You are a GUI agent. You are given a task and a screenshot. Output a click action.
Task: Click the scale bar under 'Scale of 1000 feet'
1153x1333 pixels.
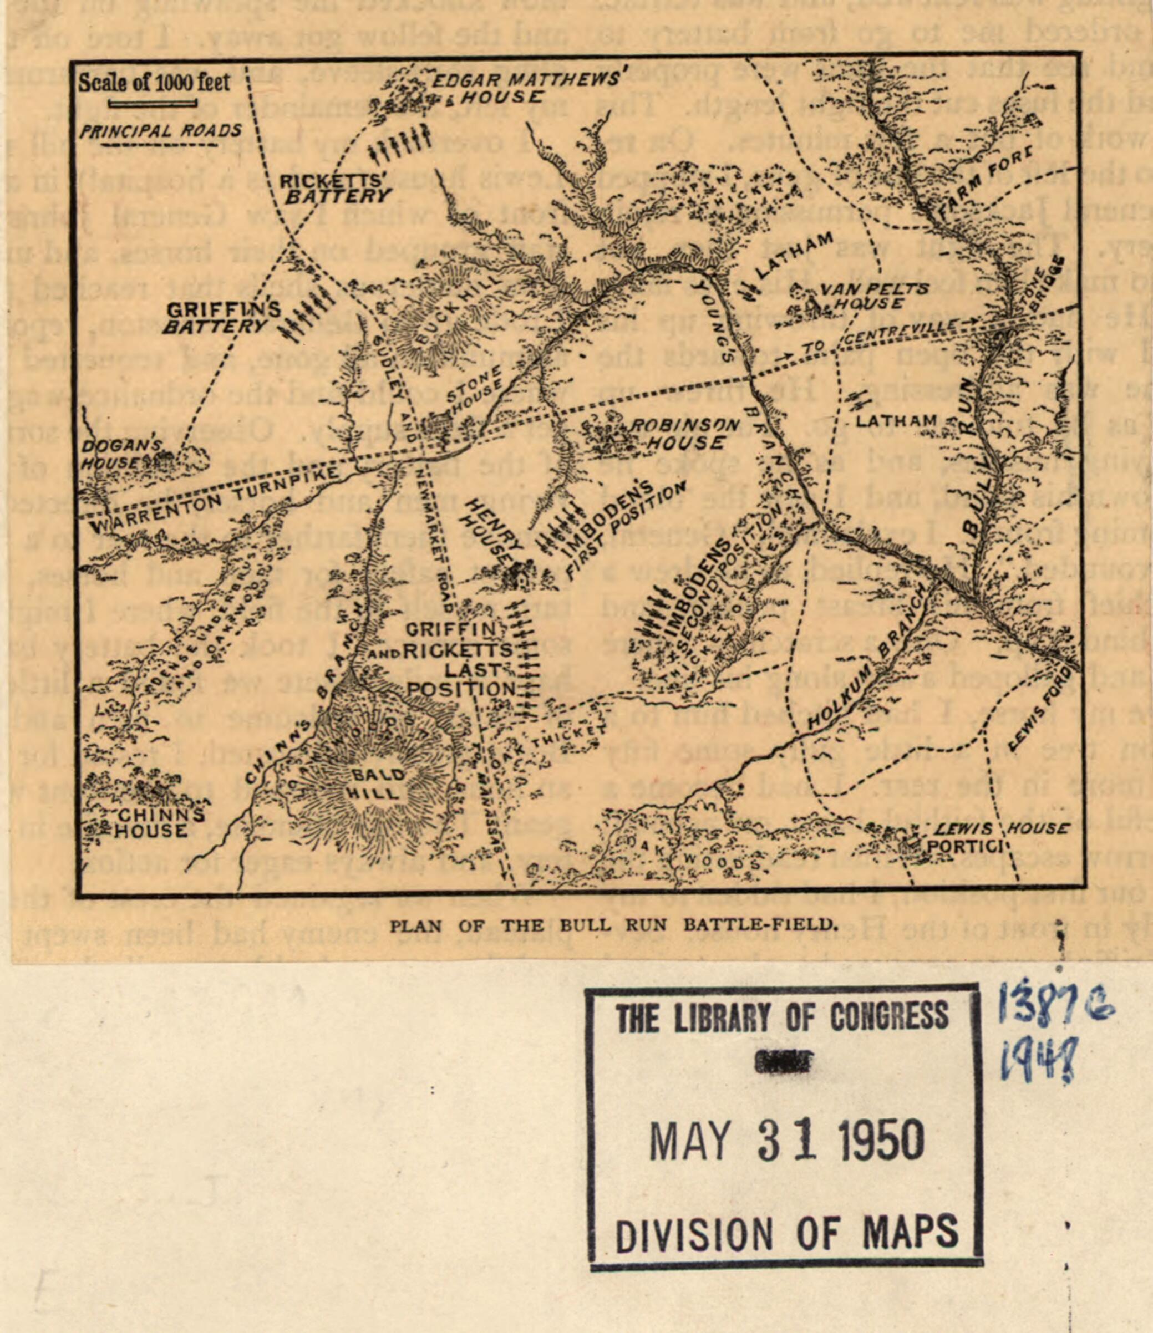[x=153, y=104]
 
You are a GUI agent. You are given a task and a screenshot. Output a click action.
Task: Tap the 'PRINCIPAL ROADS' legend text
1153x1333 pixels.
[x=160, y=131]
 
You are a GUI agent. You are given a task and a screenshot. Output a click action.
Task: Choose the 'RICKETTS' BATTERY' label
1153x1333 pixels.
[x=334, y=189]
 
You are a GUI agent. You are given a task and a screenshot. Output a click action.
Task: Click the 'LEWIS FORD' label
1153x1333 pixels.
[x=1040, y=706]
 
